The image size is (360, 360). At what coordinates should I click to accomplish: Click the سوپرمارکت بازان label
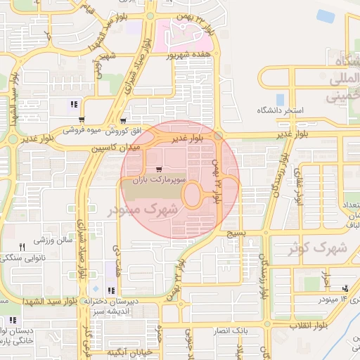[160, 181]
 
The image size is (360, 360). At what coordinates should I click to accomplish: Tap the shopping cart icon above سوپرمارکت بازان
[160, 169]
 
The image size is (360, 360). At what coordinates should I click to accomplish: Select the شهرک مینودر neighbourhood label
[138, 210]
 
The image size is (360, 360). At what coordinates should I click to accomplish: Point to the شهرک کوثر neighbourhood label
[319, 247]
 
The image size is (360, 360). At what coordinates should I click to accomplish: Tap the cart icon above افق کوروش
[124, 120]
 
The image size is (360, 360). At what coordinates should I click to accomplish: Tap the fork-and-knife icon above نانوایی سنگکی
[22, 247]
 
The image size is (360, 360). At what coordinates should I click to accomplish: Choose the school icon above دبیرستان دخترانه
[110, 290]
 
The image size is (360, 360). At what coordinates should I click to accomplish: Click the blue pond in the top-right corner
[326, 15]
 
